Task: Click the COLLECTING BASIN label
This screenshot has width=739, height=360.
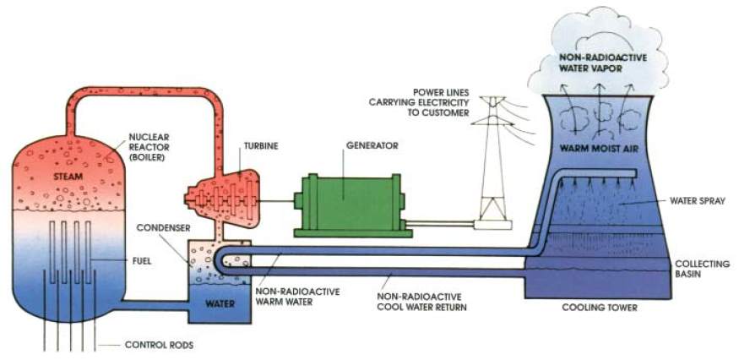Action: [703, 270]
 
